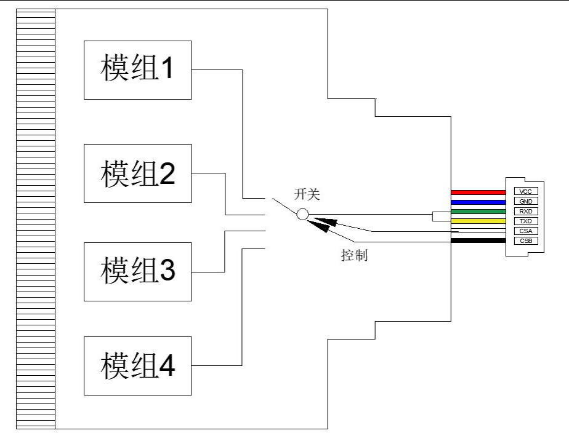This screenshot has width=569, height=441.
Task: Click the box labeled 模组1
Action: tap(138, 70)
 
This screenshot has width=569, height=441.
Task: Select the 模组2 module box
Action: tap(138, 173)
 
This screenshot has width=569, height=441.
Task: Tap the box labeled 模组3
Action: tap(138, 271)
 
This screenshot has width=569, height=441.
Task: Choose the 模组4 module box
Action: tap(138, 365)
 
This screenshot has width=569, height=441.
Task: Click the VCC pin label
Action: tap(525, 191)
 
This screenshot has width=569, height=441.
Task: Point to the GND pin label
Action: tap(525, 201)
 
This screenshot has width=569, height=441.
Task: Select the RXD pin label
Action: tap(525, 211)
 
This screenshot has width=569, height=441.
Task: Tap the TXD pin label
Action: tap(525, 221)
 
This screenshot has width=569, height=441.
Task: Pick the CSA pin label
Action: tap(525, 231)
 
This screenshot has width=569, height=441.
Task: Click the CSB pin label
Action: tap(525, 240)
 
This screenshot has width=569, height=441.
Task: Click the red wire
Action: tap(478, 192)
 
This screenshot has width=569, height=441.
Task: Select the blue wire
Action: tap(478, 201)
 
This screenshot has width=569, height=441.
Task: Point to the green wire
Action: tap(478, 211)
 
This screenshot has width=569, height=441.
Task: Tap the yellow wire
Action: tap(478, 221)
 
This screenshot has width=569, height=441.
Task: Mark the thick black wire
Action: tap(478, 240)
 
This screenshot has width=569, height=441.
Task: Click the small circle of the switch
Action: tap(302, 214)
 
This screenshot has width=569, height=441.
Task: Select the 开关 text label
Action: tap(307, 194)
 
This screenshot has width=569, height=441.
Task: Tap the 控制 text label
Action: tap(354, 255)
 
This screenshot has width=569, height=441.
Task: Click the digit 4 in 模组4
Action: tap(166, 365)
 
